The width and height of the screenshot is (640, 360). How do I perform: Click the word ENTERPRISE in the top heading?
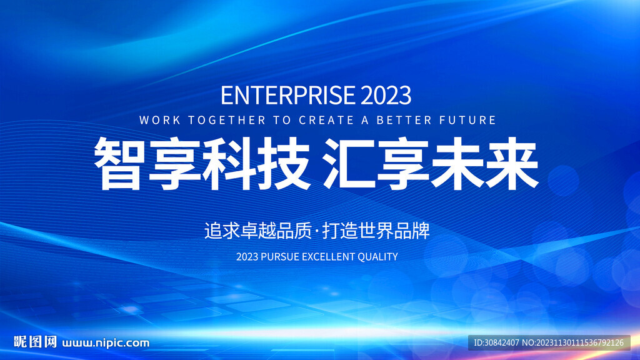click(288, 95)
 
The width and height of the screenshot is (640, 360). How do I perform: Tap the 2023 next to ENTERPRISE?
click(386, 95)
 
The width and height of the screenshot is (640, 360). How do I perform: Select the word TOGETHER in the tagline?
click(227, 120)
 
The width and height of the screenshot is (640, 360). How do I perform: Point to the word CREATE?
click(326, 120)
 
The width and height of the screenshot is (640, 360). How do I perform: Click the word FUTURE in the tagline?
click(467, 120)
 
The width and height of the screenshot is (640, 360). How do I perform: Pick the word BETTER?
click(404, 120)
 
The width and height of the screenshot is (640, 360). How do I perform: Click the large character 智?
click(119, 163)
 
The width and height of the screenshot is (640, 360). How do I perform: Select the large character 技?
click(282, 163)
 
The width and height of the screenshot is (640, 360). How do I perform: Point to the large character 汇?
click(349, 163)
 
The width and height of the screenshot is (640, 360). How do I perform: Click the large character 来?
click(512, 163)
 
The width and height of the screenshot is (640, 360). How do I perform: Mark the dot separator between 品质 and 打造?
click(317, 231)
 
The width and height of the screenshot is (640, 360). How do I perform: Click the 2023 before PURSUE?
click(247, 257)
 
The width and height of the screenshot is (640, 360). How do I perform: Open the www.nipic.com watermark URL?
click(106, 343)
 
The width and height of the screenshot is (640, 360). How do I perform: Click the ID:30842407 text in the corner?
click(496, 343)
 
